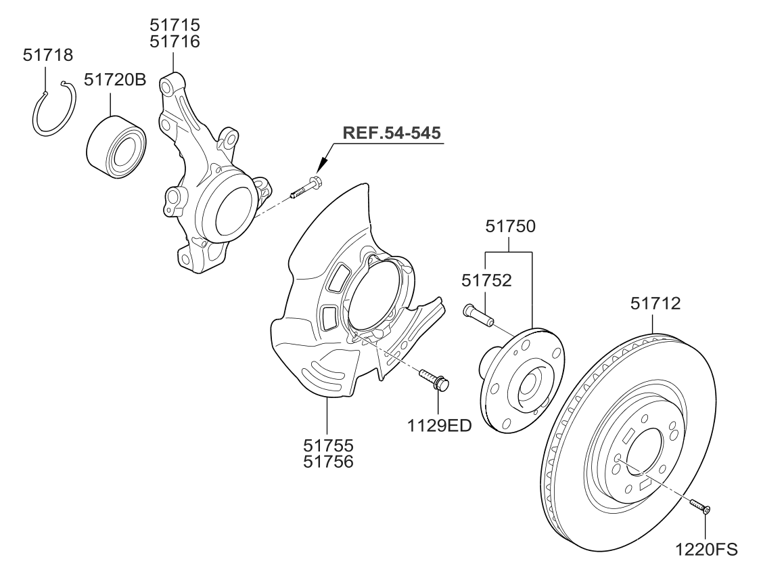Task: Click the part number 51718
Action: pos(47,55)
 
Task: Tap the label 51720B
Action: pos(115,80)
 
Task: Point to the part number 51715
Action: pos(175,26)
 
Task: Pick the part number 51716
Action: pos(175,42)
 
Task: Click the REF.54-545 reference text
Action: pos(392,132)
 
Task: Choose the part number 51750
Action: pos(510,226)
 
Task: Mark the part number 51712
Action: pos(656,303)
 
